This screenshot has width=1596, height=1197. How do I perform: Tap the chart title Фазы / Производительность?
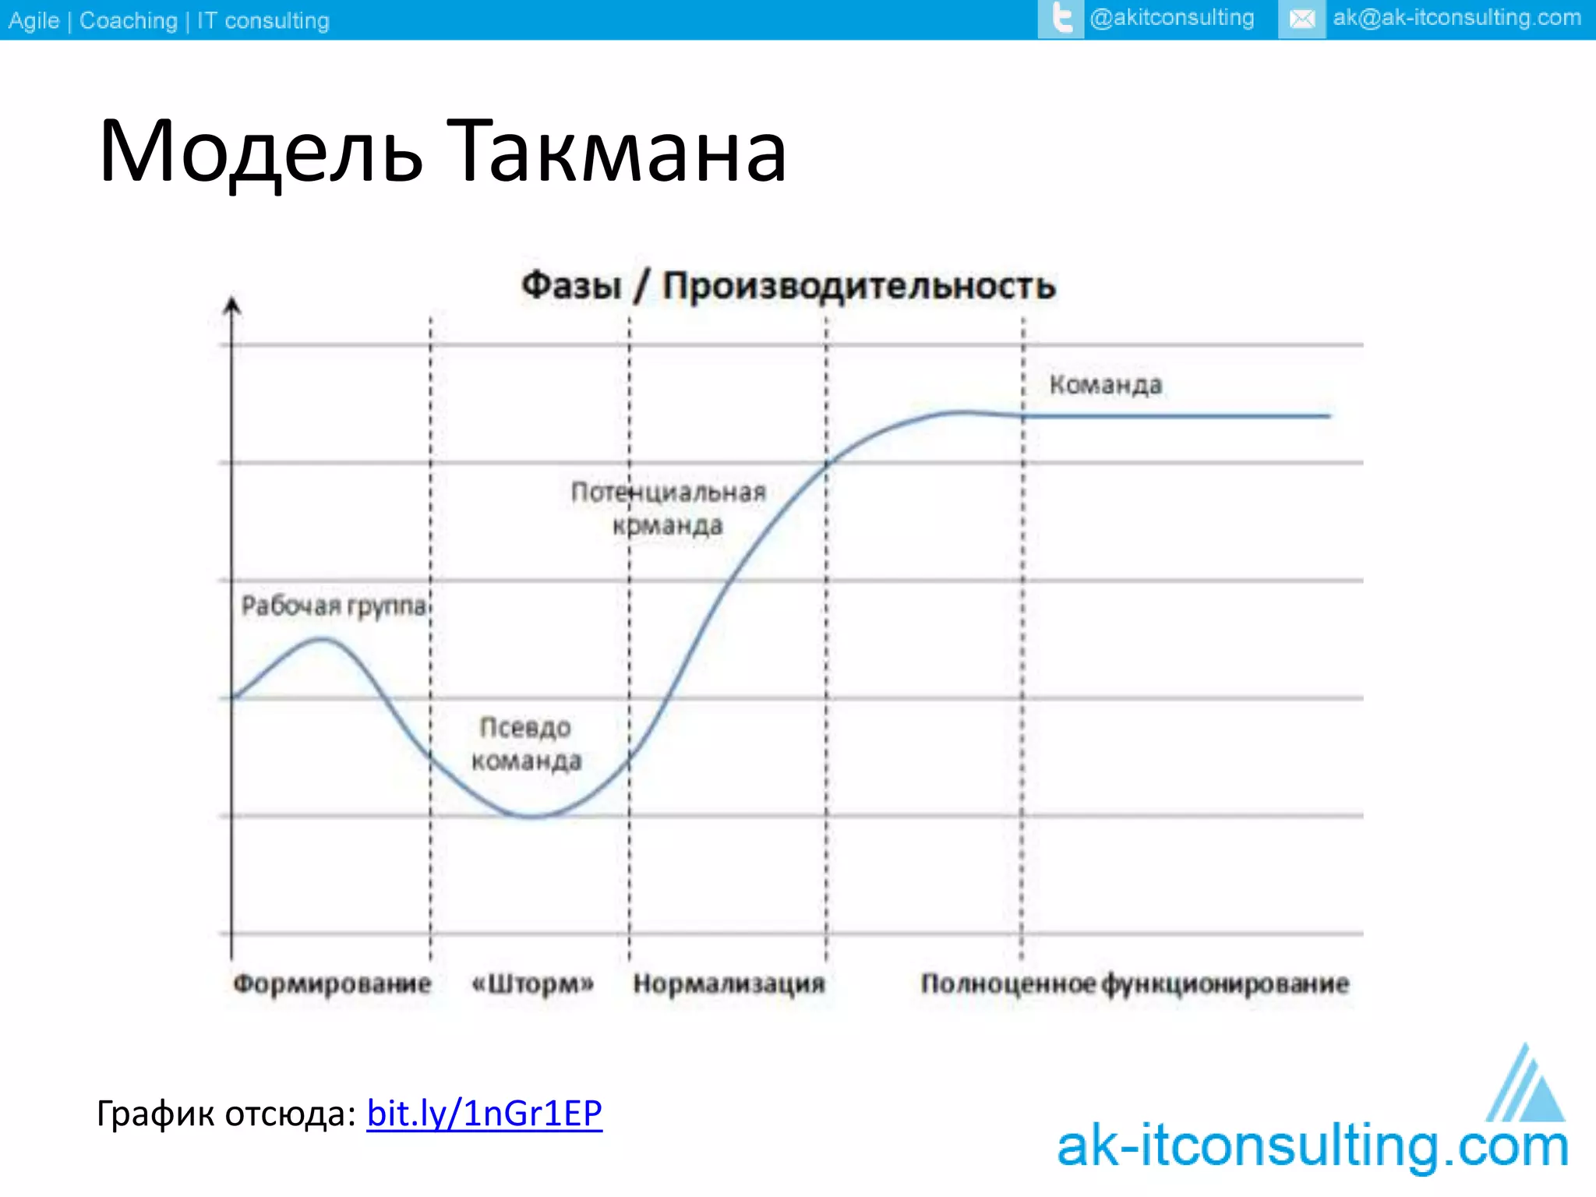click(x=788, y=285)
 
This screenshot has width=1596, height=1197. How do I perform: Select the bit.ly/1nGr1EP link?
click(x=484, y=1113)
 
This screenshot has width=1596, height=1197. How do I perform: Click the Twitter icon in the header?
click(x=1061, y=19)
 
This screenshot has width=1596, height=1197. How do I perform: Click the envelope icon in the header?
click(x=1301, y=19)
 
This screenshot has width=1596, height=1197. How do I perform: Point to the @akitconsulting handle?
click(x=1171, y=18)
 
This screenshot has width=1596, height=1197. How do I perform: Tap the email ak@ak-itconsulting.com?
click(x=1457, y=18)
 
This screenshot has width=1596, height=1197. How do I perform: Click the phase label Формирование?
click(x=332, y=983)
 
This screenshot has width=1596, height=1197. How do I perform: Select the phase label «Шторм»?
click(x=533, y=983)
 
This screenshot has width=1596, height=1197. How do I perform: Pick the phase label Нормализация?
click(x=729, y=983)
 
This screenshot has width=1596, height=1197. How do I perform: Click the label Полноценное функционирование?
click(x=1135, y=983)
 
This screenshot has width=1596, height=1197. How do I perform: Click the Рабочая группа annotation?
click(x=334, y=606)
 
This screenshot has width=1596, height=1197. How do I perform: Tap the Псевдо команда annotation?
click(x=526, y=744)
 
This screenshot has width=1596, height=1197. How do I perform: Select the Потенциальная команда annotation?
click(x=669, y=508)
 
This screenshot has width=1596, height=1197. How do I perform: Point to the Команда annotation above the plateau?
click(x=1105, y=385)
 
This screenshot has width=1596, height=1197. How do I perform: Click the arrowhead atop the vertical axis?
click(x=231, y=305)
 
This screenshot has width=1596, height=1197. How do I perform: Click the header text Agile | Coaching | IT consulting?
click(x=169, y=20)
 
